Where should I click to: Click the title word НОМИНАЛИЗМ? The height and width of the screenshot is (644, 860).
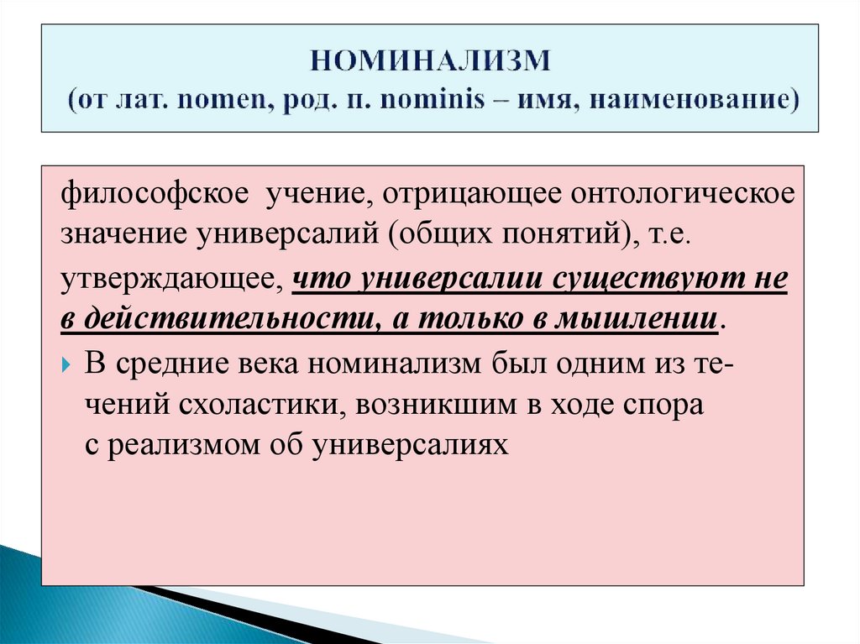(430, 60)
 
